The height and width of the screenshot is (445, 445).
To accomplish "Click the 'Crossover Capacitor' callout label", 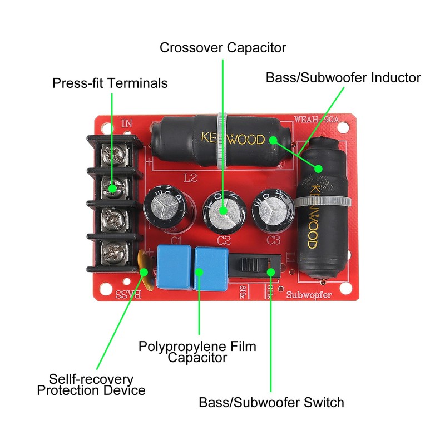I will tap(222, 47).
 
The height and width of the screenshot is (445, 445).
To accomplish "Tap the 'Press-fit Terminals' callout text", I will tap(110, 83).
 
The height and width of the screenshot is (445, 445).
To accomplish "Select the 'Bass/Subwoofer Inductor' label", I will tap(343, 77).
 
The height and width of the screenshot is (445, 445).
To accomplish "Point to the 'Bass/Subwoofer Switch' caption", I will tap(271, 402).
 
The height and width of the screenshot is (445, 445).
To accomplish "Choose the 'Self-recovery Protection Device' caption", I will tap(91, 385).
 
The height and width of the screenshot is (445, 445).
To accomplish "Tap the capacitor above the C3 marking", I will tap(273, 210).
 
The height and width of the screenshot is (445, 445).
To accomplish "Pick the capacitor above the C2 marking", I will tap(222, 210).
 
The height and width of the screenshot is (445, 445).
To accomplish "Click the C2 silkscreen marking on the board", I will tap(224, 241).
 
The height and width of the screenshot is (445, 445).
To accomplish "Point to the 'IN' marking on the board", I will tap(127, 123).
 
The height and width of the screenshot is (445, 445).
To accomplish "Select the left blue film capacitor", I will tap(174, 265).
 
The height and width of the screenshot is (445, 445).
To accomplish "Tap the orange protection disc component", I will tap(144, 271).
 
